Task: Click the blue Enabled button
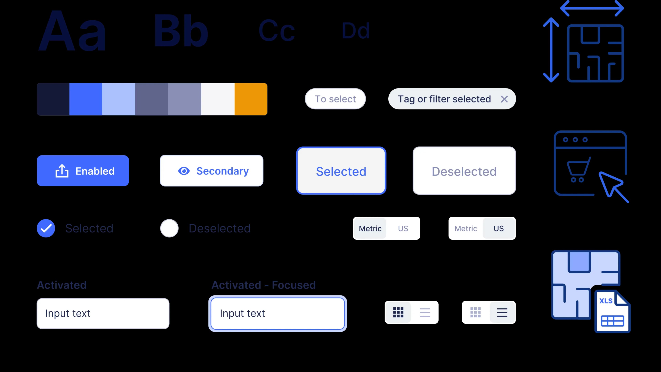(83, 171)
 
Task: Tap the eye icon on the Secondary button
(184, 171)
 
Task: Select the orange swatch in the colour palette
(251, 99)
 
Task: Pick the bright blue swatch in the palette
(86, 99)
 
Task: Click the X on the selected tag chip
(504, 99)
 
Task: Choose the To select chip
(335, 99)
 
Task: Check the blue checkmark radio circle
(46, 228)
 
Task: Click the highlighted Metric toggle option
(370, 228)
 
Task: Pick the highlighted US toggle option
(499, 228)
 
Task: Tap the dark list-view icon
(502, 312)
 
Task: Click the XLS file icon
(612, 312)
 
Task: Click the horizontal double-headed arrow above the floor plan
(592, 8)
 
